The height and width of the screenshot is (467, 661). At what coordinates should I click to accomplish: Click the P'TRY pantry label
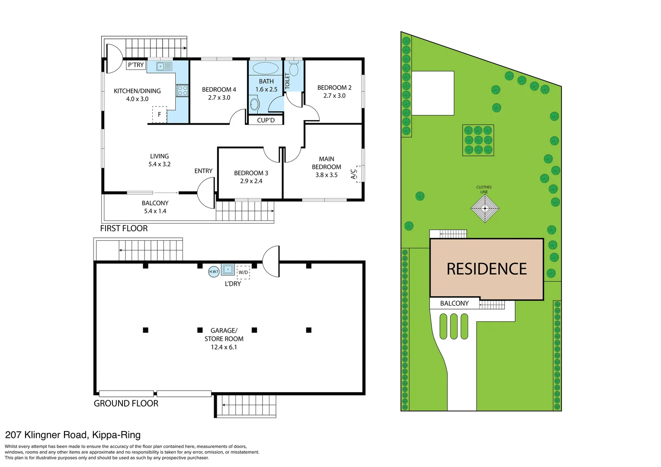tap(136, 65)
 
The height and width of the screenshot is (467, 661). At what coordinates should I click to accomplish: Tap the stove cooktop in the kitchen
tap(182, 90)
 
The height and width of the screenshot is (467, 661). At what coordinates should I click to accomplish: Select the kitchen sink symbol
tap(164, 66)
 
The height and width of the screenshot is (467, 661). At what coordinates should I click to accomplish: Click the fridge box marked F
tap(159, 115)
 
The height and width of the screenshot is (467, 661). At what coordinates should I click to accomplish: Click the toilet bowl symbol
tap(294, 68)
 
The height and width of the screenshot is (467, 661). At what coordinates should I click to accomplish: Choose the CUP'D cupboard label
tap(266, 120)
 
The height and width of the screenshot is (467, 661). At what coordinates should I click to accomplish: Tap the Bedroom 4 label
tap(219, 90)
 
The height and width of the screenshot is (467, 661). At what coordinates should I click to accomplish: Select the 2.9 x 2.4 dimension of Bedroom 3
tap(251, 181)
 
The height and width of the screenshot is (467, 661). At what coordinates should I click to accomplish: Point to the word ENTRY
tap(203, 171)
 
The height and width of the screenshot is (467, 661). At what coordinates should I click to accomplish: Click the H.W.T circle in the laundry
tap(214, 272)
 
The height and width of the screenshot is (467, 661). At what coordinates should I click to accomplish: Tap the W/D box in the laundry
tap(243, 272)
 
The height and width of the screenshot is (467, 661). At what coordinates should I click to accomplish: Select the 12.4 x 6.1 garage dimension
tap(224, 347)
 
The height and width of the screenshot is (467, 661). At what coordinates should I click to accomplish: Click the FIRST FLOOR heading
tap(124, 228)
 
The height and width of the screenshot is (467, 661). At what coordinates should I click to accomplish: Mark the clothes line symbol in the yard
tap(485, 208)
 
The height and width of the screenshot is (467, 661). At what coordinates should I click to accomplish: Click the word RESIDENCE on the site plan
tap(487, 269)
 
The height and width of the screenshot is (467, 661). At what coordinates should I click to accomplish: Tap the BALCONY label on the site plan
tap(454, 304)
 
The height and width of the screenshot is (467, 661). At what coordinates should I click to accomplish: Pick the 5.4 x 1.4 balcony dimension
tap(155, 211)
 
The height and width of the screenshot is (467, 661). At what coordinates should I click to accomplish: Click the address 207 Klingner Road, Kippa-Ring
tap(73, 435)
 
